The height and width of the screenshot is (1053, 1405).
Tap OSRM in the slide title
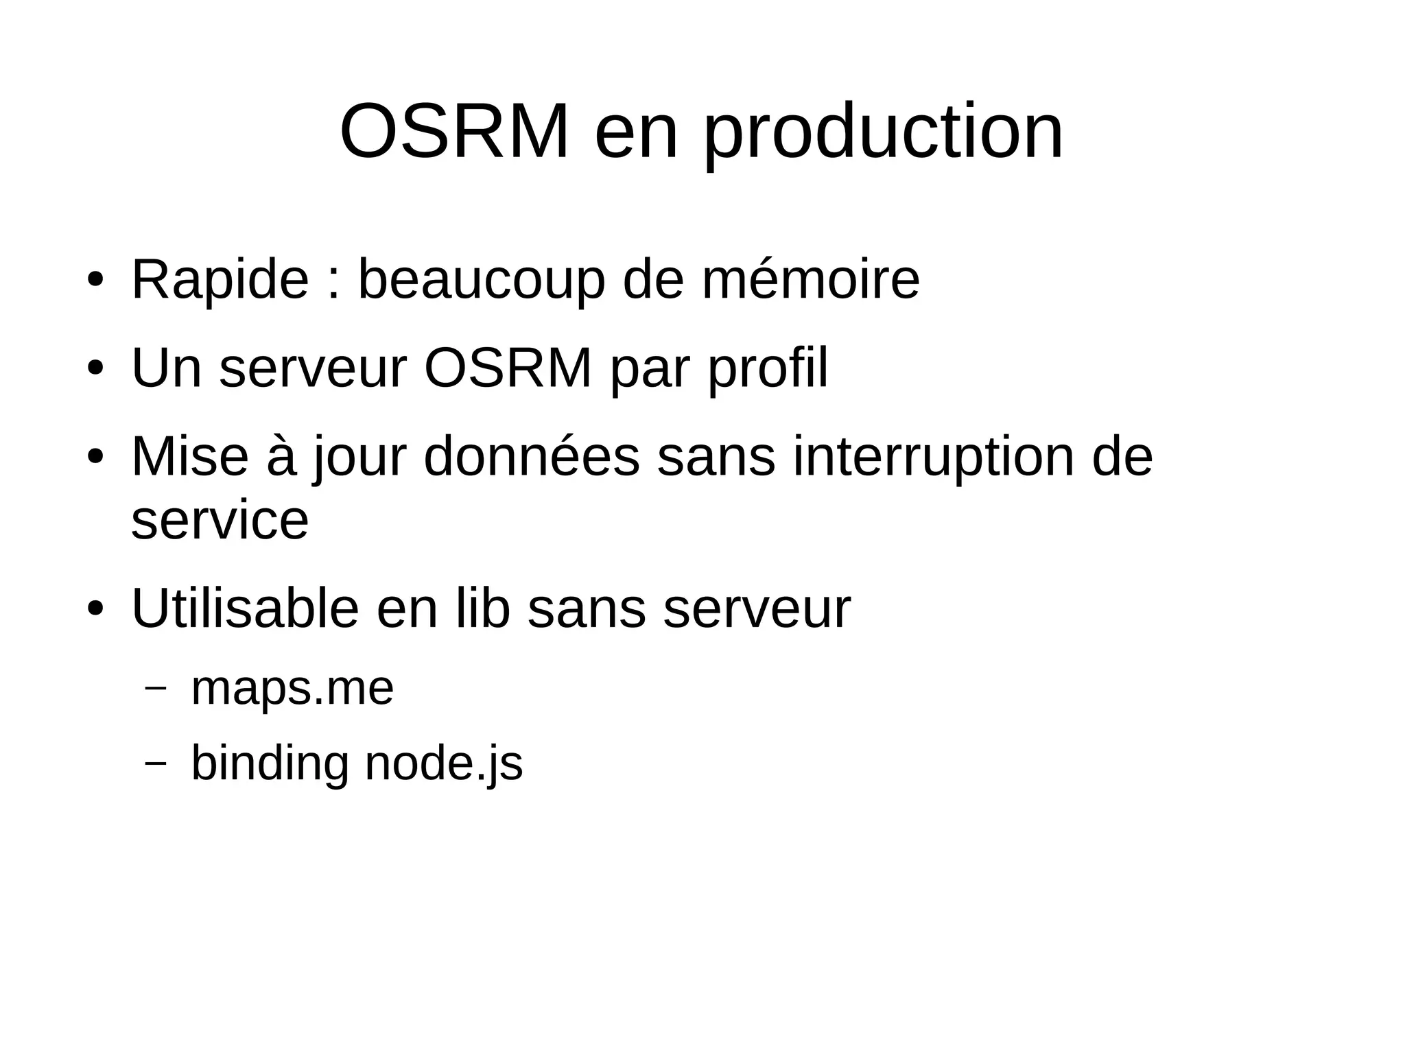pyautogui.click(x=454, y=132)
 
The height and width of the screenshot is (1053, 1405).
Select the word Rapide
pyautogui.click(x=220, y=280)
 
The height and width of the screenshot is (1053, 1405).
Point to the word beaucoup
pyautogui.click(x=482, y=280)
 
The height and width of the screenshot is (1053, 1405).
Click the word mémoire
pyautogui.click(x=810, y=280)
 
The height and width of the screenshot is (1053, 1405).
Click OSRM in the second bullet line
pyautogui.click(x=508, y=368)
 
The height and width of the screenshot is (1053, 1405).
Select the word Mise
pyautogui.click(x=189, y=457)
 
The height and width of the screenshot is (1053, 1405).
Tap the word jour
pyautogui.click(x=360, y=458)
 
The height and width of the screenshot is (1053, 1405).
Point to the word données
pyautogui.click(x=532, y=457)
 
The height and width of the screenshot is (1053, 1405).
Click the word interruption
pyautogui.click(x=934, y=457)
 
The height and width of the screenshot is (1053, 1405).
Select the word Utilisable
pyautogui.click(x=245, y=608)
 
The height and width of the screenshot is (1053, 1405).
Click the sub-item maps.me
pyautogui.click(x=292, y=688)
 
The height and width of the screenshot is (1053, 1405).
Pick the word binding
pyautogui.click(x=270, y=764)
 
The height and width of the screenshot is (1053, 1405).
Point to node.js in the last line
pyautogui.click(x=444, y=764)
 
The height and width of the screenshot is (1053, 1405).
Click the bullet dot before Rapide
pyautogui.click(x=95, y=281)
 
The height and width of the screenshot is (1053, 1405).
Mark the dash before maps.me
pyautogui.click(x=156, y=687)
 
